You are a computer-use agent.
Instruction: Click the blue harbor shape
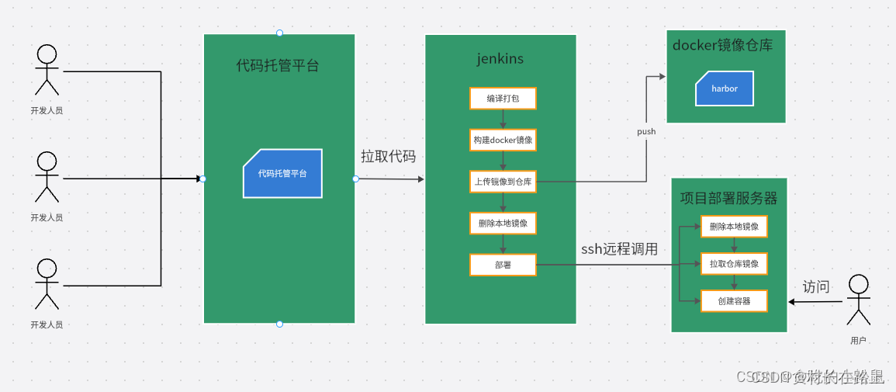pyautogui.click(x=725, y=88)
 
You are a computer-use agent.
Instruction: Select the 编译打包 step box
pyautogui.click(x=503, y=99)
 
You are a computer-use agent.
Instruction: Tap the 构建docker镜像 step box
pyautogui.click(x=503, y=140)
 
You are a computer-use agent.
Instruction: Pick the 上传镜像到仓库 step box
pyautogui.click(x=503, y=182)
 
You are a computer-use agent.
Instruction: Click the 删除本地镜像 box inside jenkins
pyautogui.click(x=503, y=224)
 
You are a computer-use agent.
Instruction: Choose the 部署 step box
pyautogui.click(x=503, y=265)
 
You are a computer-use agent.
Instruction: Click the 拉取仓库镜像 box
pyautogui.click(x=734, y=264)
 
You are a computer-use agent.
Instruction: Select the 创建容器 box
pyautogui.click(x=734, y=301)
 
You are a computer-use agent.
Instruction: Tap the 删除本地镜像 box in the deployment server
pyautogui.click(x=734, y=227)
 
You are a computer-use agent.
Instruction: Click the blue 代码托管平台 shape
pyautogui.click(x=282, y=174)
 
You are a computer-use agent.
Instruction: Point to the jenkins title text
pyautogui.click(x=500, y=59)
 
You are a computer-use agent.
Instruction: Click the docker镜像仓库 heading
pyautogui.click(x=722, y=46)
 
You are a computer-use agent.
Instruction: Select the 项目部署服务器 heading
pyautogui.click(x=728, y=199)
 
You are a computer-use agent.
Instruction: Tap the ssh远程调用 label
pyautogui.click(x=619, y=249)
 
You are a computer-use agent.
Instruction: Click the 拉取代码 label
pyautogui.click(x=388, y=157)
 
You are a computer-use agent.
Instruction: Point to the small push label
pyautogui.click(x=646, y=132)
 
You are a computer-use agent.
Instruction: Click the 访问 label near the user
pyautogui.click(x=815, y=287)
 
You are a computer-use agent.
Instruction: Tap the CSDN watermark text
pyautogui.click(x=810, y=377)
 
